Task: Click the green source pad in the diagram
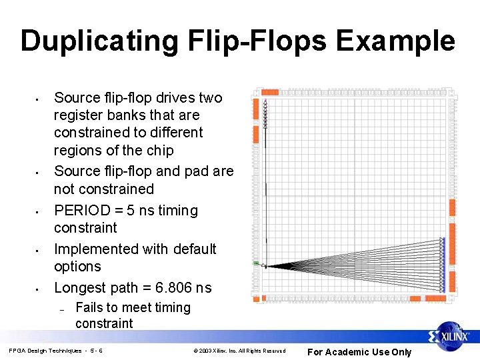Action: [x=256, y=264]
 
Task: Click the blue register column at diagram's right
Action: [x=442, y=265]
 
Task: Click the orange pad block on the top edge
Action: [x=270, y=92]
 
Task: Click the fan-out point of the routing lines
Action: [x=266, y=265]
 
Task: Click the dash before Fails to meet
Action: [x=61, y=309]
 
